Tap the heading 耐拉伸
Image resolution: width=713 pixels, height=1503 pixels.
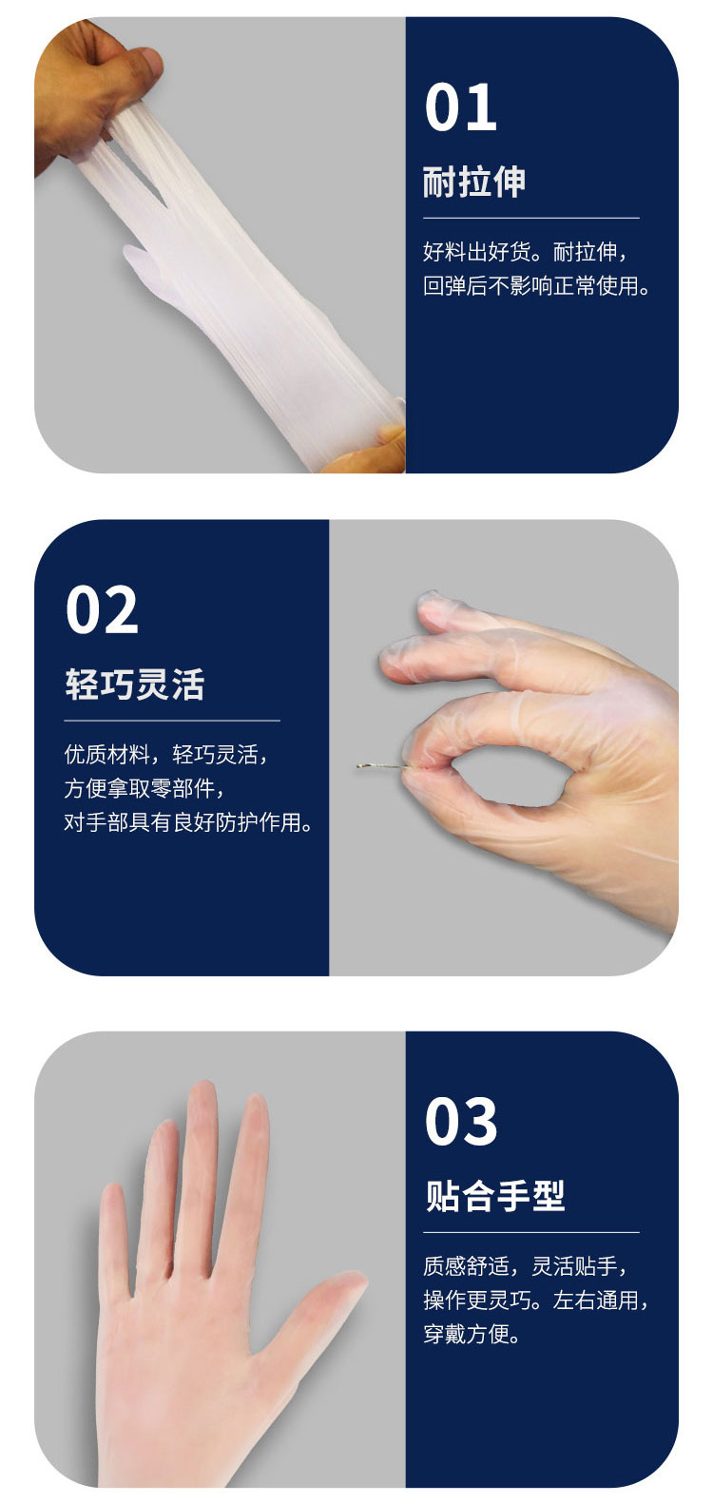pyautogui.click(x=473, y=182)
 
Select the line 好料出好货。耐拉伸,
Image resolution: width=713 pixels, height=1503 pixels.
pyautogui.click(x=525, y=252)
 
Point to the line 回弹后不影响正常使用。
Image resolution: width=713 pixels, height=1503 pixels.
pyautogui.click(x=536, y=286)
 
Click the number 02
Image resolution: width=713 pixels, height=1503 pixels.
pyautogui.click(x=102, y=609)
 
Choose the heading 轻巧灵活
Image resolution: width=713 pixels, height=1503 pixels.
pyautogui.click(x=135, y=684)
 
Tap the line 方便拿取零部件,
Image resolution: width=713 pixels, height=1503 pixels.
pyautogui.click(x=144, y=788)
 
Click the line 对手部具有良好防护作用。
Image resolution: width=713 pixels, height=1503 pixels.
pyautogui.click(x=188, y=822)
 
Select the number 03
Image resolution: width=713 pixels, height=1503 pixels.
pyautogui.click(x=461, y=1121)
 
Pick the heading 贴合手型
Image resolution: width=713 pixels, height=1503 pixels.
pyautogui.click(x=495, y=1196)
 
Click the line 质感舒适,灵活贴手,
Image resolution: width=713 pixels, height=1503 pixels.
pyautogui.click(x=525, y=1266)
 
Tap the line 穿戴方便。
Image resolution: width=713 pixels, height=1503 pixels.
pyautogui.click(x=472, y=1334)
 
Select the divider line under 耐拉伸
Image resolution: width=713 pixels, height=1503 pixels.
pyautogui.click(x=531, y=218)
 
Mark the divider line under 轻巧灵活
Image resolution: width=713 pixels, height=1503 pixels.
pyautogui.click(x=172, y=721)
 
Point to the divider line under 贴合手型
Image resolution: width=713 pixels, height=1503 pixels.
pyautogui.click(x=531, y=1233)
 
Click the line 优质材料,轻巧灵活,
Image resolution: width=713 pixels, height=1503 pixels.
pyautogui.click(x=166, y=755)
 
